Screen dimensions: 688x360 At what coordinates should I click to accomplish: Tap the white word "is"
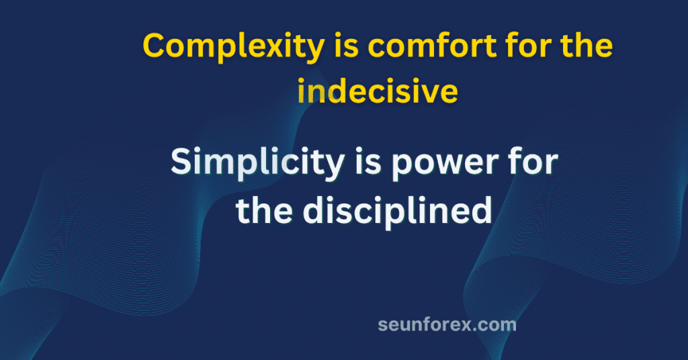[x=368, y=161]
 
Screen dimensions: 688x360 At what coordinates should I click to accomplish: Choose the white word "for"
[x=533, y=161]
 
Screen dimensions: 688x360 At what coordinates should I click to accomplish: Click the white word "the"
[x=265, y=210]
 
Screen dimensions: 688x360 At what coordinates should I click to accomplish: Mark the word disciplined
[x=398, y=212]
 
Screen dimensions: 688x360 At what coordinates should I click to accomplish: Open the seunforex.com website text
[x=447, y=325]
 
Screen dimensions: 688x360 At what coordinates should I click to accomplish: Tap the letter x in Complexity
[x=277, y=48]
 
